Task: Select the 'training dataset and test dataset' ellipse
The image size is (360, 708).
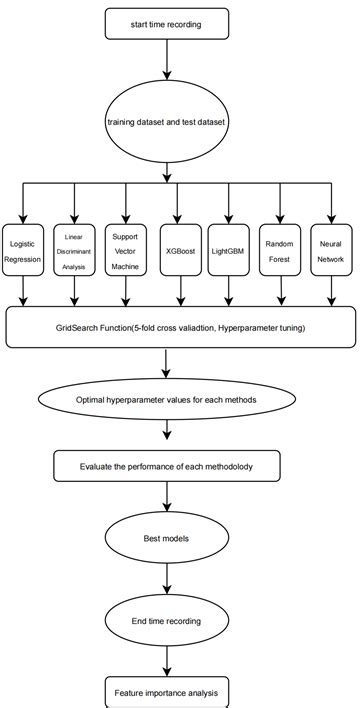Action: pos(167,122)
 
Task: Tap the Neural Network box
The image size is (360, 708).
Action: pos(331,250)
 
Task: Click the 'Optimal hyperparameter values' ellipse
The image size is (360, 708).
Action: pos(167,400)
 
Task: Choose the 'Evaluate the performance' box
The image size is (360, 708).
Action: pos(167,466)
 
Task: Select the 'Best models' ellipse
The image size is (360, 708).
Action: pos(166,536)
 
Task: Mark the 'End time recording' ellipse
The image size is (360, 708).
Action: pos(166,621)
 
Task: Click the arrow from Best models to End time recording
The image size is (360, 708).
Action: pos(166,579)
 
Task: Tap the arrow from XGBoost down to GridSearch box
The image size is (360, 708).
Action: pos(180,289)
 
